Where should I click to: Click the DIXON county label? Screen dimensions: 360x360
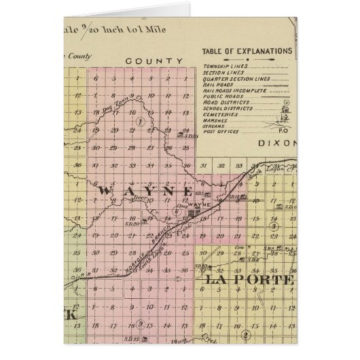277,144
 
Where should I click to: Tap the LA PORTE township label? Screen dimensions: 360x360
246,279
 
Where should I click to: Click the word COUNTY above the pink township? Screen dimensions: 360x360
154,61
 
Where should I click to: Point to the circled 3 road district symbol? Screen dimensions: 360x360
273,227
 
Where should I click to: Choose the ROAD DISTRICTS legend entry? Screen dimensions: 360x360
228,103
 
